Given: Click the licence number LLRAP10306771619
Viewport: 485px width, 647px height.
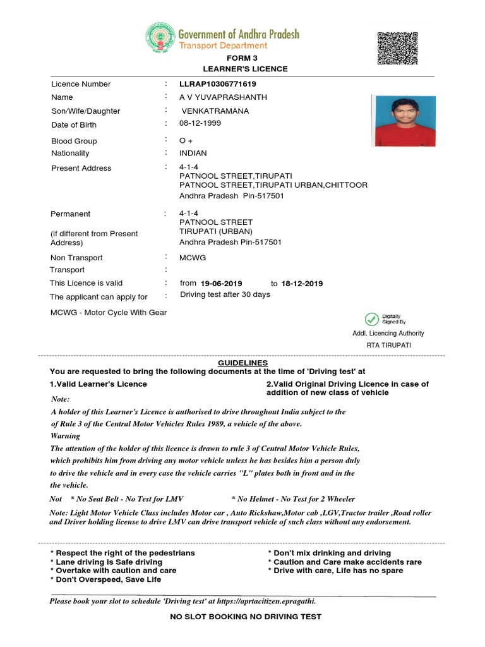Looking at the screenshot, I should [x=218, y=84].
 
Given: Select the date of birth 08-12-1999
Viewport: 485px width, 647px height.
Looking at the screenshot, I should [x=200, y=123].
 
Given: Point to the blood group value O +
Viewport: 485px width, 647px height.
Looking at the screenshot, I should [x=186, y=141].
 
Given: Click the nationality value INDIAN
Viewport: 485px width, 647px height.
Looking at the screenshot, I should [x=193, y=154].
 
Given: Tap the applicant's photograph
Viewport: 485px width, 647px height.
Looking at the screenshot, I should [x=404, y=121].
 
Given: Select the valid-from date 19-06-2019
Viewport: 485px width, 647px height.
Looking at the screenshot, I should [x=221, y=284].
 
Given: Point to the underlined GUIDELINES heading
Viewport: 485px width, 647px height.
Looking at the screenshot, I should [x=242, y=363].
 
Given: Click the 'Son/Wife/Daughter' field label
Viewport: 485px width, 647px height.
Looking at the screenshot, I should [x=85, y=111].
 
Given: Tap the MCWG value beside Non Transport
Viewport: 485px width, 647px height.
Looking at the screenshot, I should [x=193, y=258].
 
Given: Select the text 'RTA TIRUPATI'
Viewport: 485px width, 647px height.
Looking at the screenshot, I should [x=388, y=346].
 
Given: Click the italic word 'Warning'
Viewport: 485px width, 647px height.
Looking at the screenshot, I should [x=65, y=436].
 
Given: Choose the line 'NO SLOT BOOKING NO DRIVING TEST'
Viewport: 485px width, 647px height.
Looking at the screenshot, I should [x=246, y=617].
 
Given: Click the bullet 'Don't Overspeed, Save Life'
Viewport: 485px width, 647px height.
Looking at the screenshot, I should [x=105, y=579].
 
